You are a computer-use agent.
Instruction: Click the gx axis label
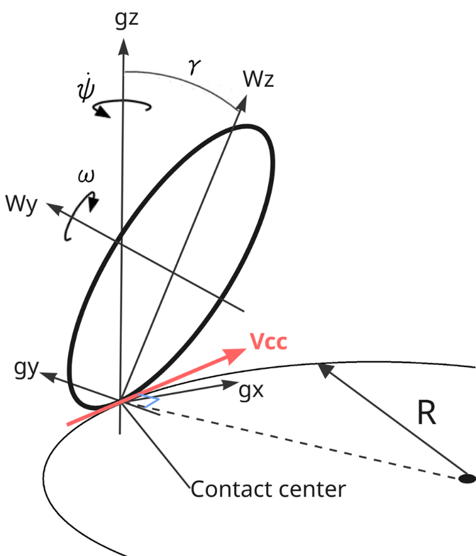(x=251, y=392)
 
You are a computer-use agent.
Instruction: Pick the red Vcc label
(x=268, y=341)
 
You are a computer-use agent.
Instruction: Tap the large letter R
(x=426, y=415)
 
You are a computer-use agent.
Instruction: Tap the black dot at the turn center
(x=467, y=479)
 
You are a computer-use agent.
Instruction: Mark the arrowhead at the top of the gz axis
(x=122, y=44)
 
